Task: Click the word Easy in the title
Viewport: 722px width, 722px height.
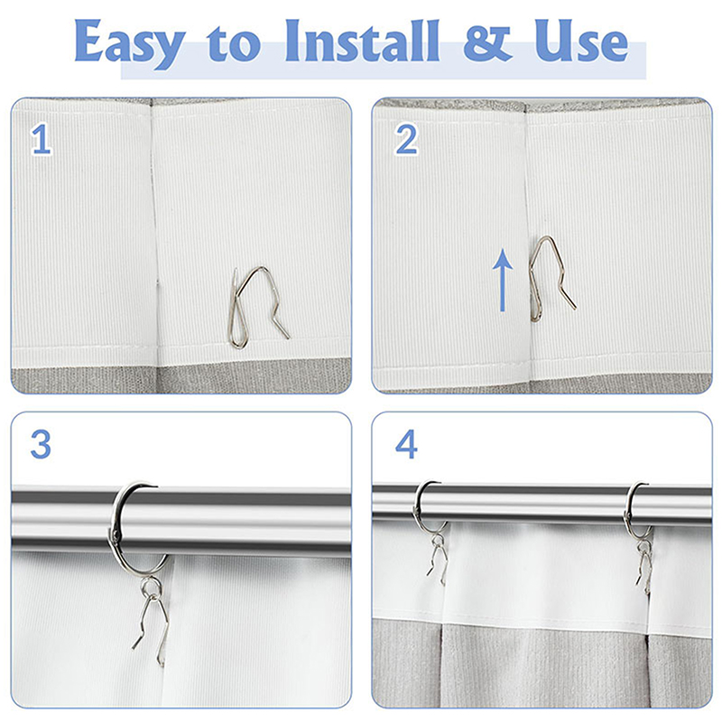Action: pyautogui.click(x=130, y=42)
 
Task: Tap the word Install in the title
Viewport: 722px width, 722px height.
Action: pyautogui.click(x=363, y=41)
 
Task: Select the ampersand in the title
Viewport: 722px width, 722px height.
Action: pyautogui.click(x=487, y=43)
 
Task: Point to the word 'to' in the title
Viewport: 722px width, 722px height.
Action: pyautogui.click(x=234, y=44)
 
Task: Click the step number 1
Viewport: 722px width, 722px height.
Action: pyautogui.click(x=41, y=140)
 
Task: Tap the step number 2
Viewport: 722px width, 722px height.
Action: pyautogui.click(x=407, y=139)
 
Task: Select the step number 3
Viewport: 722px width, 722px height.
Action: pyautogui.click(x=41, y=444)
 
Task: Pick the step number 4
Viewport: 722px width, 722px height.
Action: pyautogui.click(x=407, y=444)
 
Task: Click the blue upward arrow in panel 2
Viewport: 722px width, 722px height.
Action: pyautogui.click(x=503, y=280)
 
